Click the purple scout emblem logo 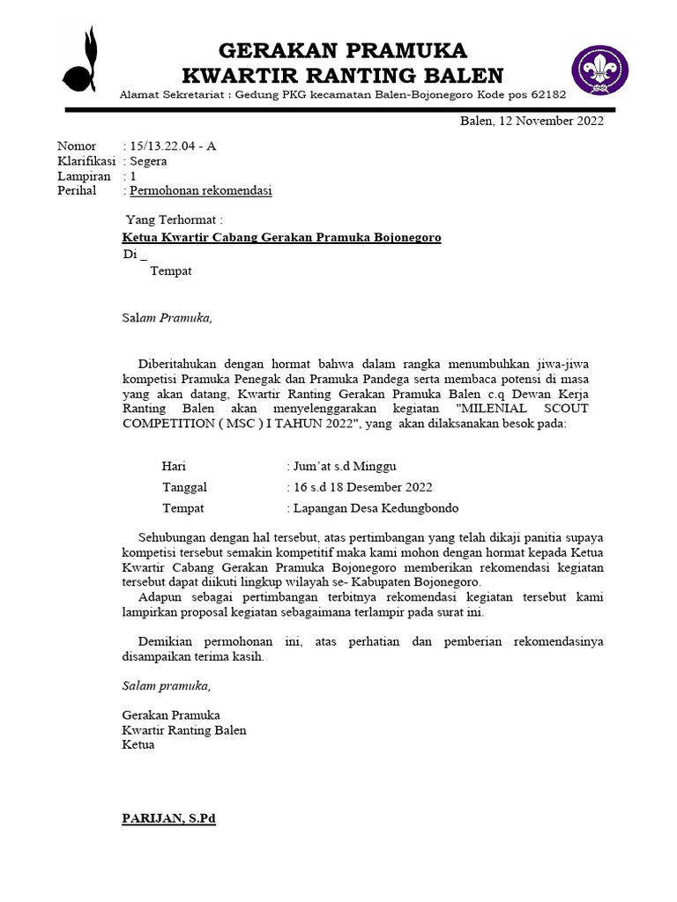599,71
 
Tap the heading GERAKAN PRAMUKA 342,49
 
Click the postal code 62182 547,94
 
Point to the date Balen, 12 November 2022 532,122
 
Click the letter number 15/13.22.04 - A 173,146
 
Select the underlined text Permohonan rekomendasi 201,191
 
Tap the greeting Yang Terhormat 174,219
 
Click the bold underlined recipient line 281,238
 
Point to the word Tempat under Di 171,271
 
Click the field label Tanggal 184,487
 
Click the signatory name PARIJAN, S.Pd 168,819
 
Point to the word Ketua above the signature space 138,745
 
